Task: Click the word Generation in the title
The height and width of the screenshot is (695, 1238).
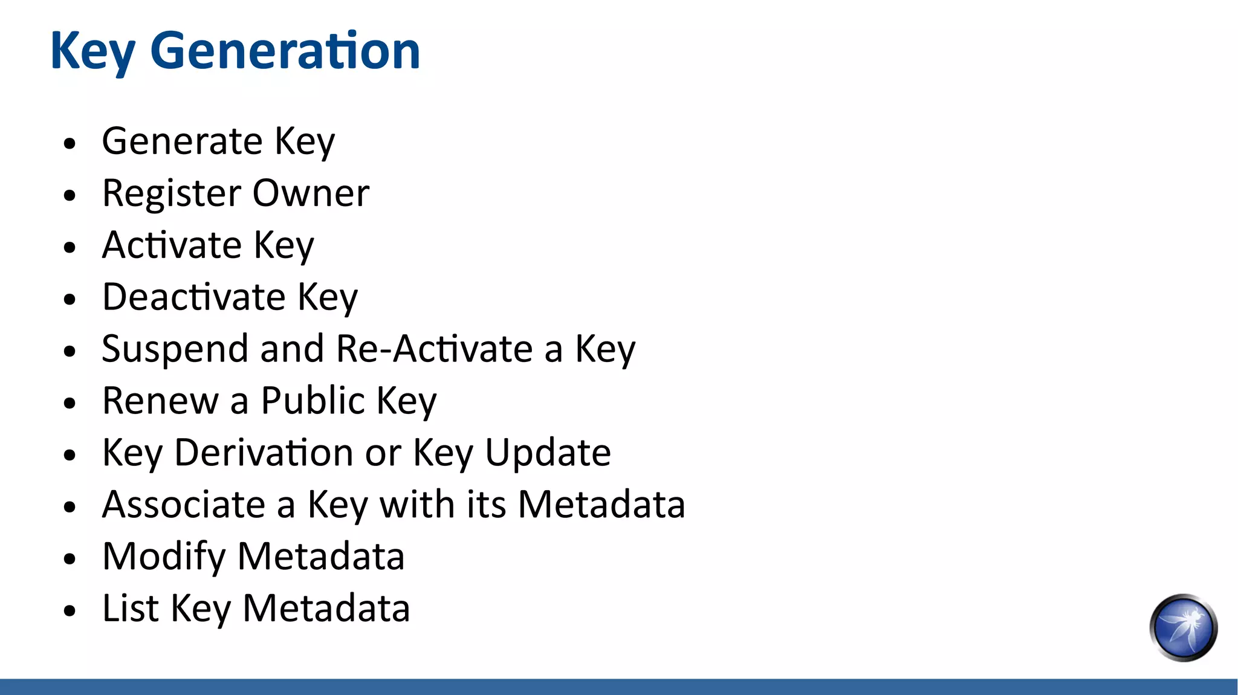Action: click(x=285, y=51)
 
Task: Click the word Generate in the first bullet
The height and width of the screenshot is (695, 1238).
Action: click(x=182, y=141)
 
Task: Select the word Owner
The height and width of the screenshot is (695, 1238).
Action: click(x=311, y=193)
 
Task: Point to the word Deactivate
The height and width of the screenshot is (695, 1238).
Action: click(x=193, y=297)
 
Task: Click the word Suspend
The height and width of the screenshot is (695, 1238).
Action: click(x=175, y=349)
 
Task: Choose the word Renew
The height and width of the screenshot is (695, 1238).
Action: click(x=160, y=401)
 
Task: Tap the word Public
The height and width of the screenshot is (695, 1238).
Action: click(x=313, y=401)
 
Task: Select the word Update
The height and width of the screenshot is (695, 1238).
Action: click(x=548, y=453)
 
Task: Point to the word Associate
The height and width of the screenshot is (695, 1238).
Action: click(x=184, y=505)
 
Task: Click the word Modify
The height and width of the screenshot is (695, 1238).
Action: click(x=164, y=557)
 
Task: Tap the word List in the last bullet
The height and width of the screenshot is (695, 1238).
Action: click(x=131, y=608)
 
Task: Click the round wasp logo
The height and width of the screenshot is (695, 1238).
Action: click(x=1183, y=628)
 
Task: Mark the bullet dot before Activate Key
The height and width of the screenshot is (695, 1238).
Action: click(x=70, y=247)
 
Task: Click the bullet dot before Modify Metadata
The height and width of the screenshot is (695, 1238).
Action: click(x=70, y=559)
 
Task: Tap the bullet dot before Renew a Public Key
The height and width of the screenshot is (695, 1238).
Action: click(x=70, y=403)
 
